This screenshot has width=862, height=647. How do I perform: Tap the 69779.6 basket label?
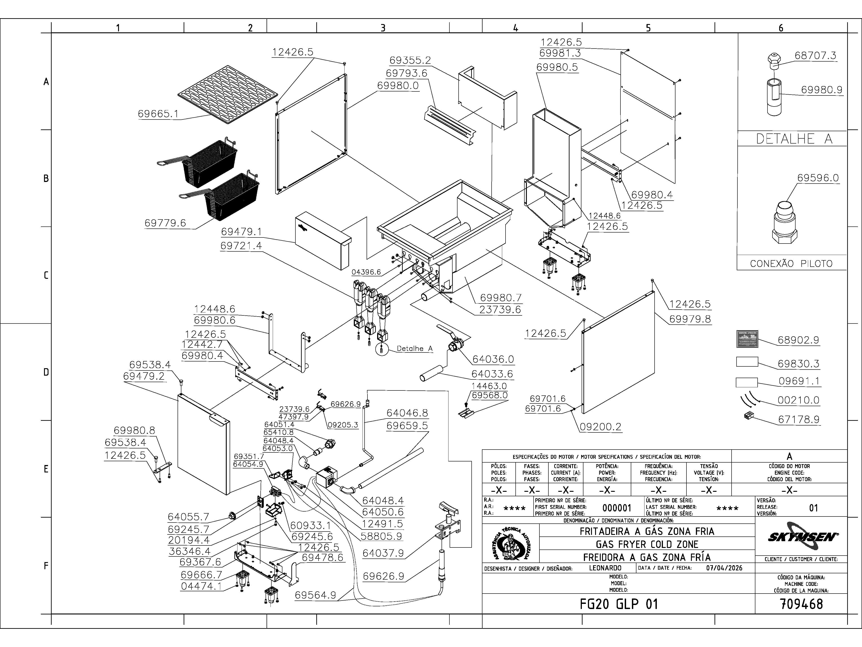pyautogui.click(x=165, y=223)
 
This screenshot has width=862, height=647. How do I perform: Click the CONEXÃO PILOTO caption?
pyautogui.click(x=791, y=264)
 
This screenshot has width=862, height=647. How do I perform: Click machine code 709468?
pyautogui.click(x=801, y=604)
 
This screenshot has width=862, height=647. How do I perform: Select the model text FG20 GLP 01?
pyautogui.click(x=618, y=604)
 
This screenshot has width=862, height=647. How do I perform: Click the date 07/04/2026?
pyautogui.click(x=724, y=568)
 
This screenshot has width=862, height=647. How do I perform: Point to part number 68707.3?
pyautogui.click(x=816, y=55)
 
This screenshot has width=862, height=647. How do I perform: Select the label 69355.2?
pyautogui.click(x=410, y=60)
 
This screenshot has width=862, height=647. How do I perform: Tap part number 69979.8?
pyautogui.click(x=690, y=319)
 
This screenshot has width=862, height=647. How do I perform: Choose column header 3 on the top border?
pyautogui.click(x=383, y=28)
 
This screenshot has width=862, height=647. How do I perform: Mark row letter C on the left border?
pyautogui.click(x=46, y=275)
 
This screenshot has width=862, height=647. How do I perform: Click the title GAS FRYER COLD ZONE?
pyautogui.click(x=647, y=544)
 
